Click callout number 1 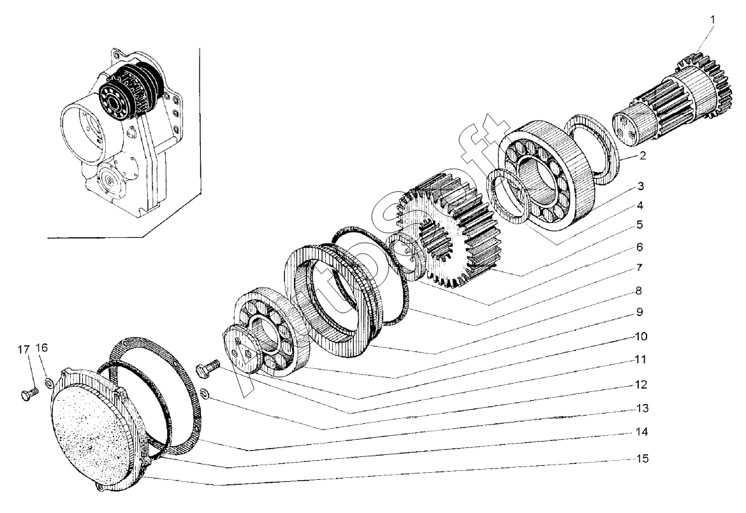click(713, 19)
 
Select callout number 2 click(643, 155)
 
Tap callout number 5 click(639, 225)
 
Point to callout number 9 click(639, 312)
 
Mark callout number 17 click(23, 349)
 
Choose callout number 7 click(639, 267)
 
